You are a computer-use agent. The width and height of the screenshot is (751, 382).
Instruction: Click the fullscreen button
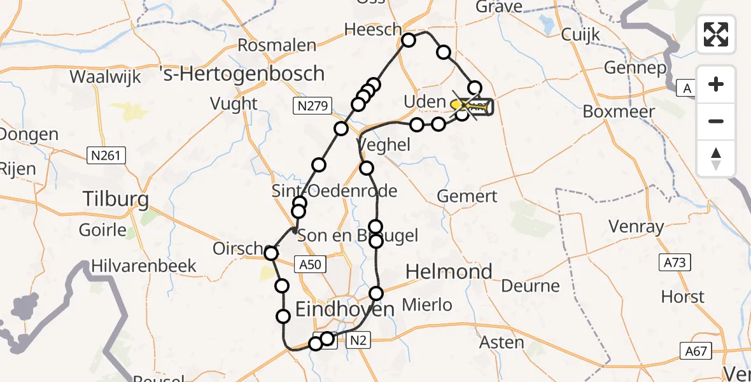716,34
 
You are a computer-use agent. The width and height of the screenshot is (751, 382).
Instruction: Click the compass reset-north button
716,159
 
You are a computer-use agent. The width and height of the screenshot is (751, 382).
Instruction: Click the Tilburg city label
116,200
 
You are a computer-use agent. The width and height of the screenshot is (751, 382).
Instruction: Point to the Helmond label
449,272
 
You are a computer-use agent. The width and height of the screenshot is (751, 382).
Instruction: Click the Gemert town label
467,196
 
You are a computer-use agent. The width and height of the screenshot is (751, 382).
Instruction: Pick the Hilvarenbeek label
144,265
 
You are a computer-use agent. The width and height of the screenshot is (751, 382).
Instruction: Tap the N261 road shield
107,155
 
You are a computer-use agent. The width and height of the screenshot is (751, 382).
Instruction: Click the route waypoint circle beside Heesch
408,41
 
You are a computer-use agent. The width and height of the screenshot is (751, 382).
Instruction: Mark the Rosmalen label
277,45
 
